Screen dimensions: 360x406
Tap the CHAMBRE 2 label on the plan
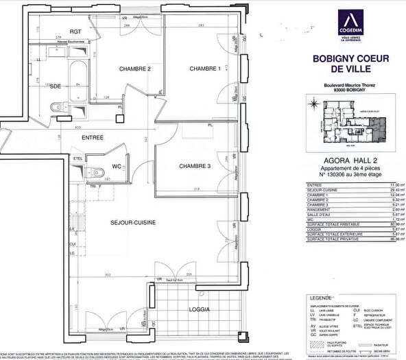coord(134,69)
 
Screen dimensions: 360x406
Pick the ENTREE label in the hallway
coord(93,138)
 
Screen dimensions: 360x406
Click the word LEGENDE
coord(319,280)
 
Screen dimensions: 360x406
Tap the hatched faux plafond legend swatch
coord(313,338)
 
